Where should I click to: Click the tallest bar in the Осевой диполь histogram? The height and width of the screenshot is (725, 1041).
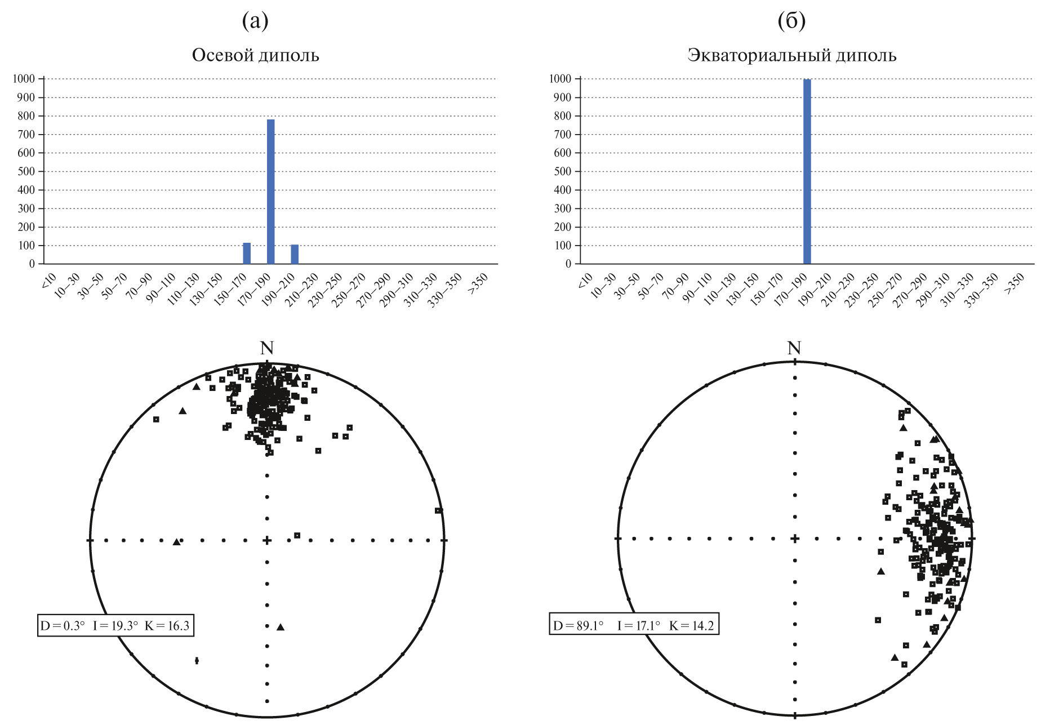(x=270, y=192)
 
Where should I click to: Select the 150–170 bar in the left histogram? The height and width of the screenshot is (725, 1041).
(x=247, y=253)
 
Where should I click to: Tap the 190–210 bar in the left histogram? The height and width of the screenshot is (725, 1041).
(x=295, y=254)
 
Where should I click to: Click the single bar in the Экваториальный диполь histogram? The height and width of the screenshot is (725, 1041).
(x=807, y=172)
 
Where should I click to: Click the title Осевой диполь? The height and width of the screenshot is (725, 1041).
(x=255, y=55)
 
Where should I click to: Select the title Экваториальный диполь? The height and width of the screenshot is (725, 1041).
(x=791, y=55)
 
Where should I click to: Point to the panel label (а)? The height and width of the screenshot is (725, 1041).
(x=255, y=21)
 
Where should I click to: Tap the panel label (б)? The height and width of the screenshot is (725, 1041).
(x=791, y=21)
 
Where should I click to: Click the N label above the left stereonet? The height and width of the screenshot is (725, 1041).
(x=266, y=349)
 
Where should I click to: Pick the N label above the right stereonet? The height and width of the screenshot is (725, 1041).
(x=794, y=349)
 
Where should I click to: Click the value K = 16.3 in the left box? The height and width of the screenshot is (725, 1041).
(x=167, y=626)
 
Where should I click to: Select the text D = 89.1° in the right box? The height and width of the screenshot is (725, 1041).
(x=578, y=626)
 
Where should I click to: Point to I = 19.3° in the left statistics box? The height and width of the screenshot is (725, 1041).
(x=115, y=626)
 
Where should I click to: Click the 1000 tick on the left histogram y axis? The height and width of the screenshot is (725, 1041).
(x=24, y=79)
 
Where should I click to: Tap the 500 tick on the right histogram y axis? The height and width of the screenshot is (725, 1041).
(x=563, y=171)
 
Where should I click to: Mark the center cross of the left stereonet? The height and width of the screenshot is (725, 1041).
(x=267, y=541)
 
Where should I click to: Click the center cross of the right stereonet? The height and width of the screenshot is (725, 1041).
(x=794, y=539)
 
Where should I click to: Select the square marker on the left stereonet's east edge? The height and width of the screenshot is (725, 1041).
(x=438, y=510)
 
